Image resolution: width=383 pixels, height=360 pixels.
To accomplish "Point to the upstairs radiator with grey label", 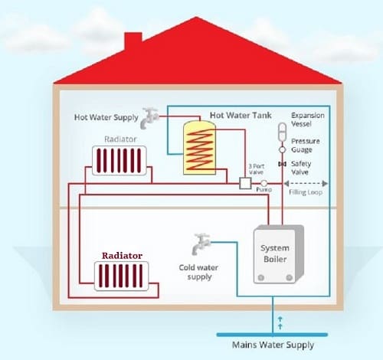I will tap(116, 162).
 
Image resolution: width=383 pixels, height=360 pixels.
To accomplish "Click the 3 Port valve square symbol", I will tap(245, 184).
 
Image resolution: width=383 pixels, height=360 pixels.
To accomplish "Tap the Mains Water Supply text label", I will tap(277, 345).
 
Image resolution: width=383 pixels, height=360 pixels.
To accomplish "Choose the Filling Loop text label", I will tap(306, 193).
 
